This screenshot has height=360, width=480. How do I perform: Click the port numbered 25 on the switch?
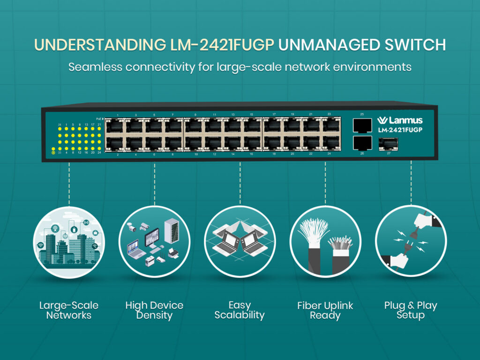click(362, 125)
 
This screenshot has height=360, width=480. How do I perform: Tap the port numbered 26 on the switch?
click(362, 142)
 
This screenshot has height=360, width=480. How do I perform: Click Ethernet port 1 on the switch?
click(114, 126)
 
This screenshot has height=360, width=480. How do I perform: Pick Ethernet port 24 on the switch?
click(330, 142)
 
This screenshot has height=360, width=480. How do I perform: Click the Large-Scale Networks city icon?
click(69, 242)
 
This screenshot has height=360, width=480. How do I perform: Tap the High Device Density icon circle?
click(154, 242)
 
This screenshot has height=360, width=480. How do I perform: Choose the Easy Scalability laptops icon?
click(240, 242)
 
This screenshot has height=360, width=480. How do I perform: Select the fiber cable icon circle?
click(325, 242)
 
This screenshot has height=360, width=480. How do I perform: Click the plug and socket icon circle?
click(411, 242)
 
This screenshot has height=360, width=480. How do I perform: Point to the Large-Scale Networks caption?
click(69, 310)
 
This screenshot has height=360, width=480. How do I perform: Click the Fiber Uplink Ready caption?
click(325, 310)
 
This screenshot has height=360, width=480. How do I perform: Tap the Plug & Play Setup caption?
click(411, 310)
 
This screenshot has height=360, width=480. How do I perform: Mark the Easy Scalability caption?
click(240, 310)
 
